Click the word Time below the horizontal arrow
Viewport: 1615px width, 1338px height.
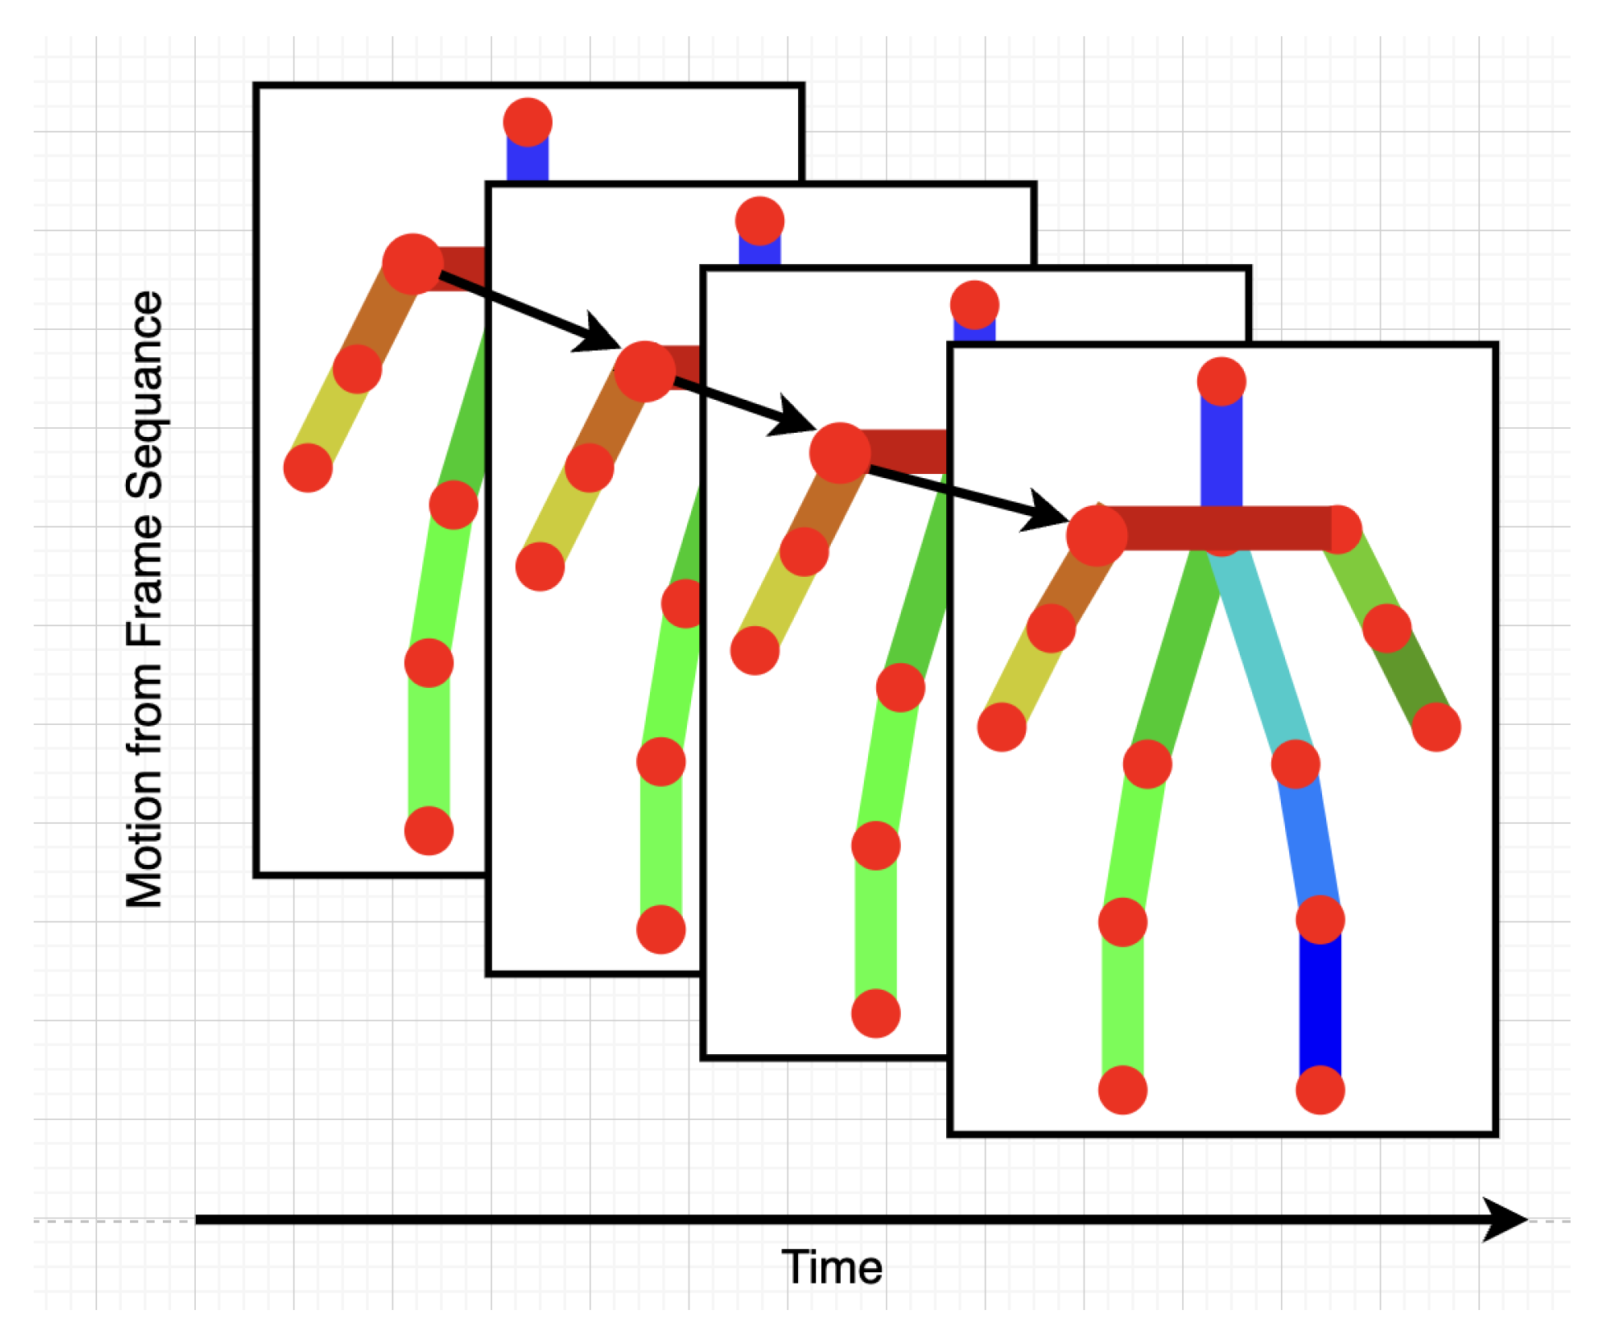[x=832, y=1267]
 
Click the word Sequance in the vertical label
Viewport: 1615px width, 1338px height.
[x=145, y=395]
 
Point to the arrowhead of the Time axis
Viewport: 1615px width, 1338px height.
[x=1506, y=1220]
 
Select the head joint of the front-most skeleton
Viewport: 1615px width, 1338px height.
[x=1222, y=381]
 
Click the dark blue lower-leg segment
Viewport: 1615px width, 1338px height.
[x=1320, y=1004]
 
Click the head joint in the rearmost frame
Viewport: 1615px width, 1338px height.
[x=527, y=122]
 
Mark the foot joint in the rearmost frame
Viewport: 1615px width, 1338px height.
[x=429, y=830]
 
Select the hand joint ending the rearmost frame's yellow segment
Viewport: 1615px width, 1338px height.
[x=308, y=467]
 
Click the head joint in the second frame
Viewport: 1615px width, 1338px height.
[x=759, y=221]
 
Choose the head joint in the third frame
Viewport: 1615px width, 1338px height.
[x=974, y=304]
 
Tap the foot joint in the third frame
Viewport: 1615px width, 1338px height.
[x=875, y=1013]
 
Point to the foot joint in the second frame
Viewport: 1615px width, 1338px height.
[x=661, y=929]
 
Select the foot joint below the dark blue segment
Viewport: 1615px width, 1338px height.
[x=1320, y=1089]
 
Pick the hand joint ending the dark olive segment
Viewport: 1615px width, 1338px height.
[x=1436, y=727]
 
